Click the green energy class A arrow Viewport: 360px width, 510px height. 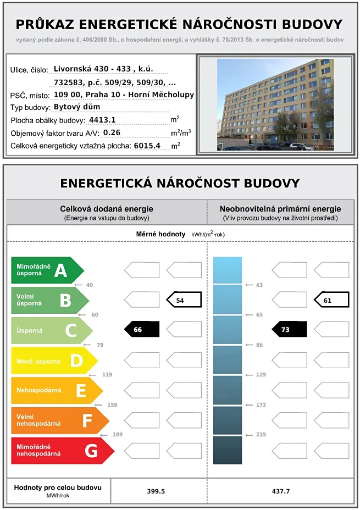47,270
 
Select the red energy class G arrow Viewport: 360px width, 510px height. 62,451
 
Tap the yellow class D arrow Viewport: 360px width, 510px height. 54,361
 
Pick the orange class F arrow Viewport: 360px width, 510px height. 59,420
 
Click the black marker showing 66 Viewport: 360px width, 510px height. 142,329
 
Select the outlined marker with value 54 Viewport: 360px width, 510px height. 184,300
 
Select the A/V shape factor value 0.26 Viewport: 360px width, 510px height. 112,132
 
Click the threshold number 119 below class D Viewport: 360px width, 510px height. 107,375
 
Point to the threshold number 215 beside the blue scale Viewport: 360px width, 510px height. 261,435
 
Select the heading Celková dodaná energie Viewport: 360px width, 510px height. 106,209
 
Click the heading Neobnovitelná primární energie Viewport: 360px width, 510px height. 280,209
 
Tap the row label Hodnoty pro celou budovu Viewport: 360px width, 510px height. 57,487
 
